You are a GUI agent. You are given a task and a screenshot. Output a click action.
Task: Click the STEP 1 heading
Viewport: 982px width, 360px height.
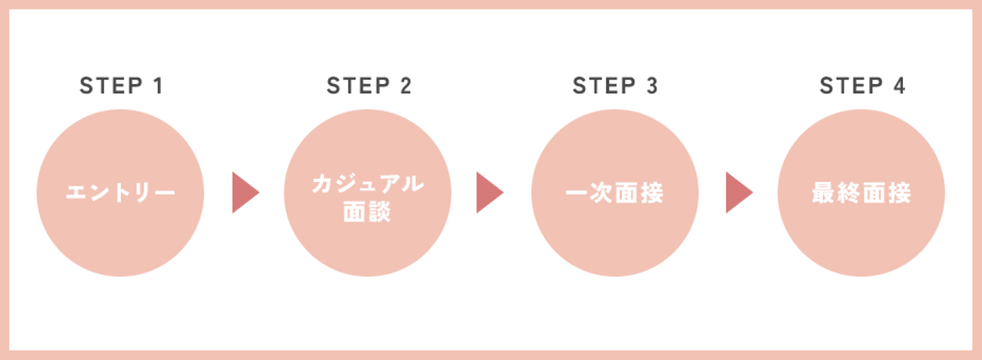coord(121,86)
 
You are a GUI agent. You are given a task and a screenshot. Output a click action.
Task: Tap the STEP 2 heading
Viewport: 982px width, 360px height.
coord(368,86)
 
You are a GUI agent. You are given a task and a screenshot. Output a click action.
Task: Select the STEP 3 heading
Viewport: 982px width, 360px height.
coord(615,86)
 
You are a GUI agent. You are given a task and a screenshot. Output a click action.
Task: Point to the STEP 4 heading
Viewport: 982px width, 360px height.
coord(862,86)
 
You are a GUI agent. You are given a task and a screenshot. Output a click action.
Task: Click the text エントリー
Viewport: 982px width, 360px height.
coord(120,194)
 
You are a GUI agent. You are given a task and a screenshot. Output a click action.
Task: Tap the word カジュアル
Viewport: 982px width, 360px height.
coord(368,183)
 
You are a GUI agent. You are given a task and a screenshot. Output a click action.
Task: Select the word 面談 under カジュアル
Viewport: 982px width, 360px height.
coord(368,211)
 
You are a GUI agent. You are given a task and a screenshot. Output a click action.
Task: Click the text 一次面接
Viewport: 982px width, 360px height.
coord(614,194)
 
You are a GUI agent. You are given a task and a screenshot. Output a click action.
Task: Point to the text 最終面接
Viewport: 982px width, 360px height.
coord(861,194)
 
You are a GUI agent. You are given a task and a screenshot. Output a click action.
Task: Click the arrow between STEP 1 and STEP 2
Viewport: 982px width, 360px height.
coord(245,193)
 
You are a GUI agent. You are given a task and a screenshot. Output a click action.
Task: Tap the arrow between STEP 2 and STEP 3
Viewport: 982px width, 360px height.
coord(489,193)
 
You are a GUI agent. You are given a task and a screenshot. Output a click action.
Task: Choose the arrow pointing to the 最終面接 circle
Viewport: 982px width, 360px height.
coord(739,193)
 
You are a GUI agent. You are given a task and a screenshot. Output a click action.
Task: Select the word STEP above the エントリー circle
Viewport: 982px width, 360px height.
coord(109,86)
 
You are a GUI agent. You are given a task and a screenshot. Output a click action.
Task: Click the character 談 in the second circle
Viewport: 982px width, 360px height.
coord(381,211)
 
